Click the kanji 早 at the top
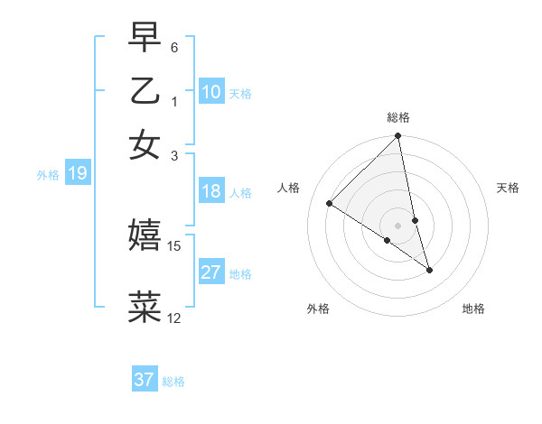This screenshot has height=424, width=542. (145, 38)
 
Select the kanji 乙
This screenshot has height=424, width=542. (145, 91)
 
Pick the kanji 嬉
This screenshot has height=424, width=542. (145, 236)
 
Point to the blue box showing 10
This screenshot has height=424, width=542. (211, 92)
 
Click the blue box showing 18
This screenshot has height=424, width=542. (211, 191)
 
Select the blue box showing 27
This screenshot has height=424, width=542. (211, 272)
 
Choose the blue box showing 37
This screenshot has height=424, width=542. (145, 380)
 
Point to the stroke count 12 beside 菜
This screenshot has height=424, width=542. (174, 318)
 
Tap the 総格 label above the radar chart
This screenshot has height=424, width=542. (398, 117)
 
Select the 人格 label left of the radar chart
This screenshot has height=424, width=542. (289, 188)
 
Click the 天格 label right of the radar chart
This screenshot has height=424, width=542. (508, 188)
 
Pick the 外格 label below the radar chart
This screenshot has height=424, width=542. (318, 309)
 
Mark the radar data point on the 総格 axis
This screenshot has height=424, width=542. (398, 137)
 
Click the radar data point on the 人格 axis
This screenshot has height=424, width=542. (330, 203)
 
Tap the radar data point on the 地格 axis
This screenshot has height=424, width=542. (429, 269)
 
